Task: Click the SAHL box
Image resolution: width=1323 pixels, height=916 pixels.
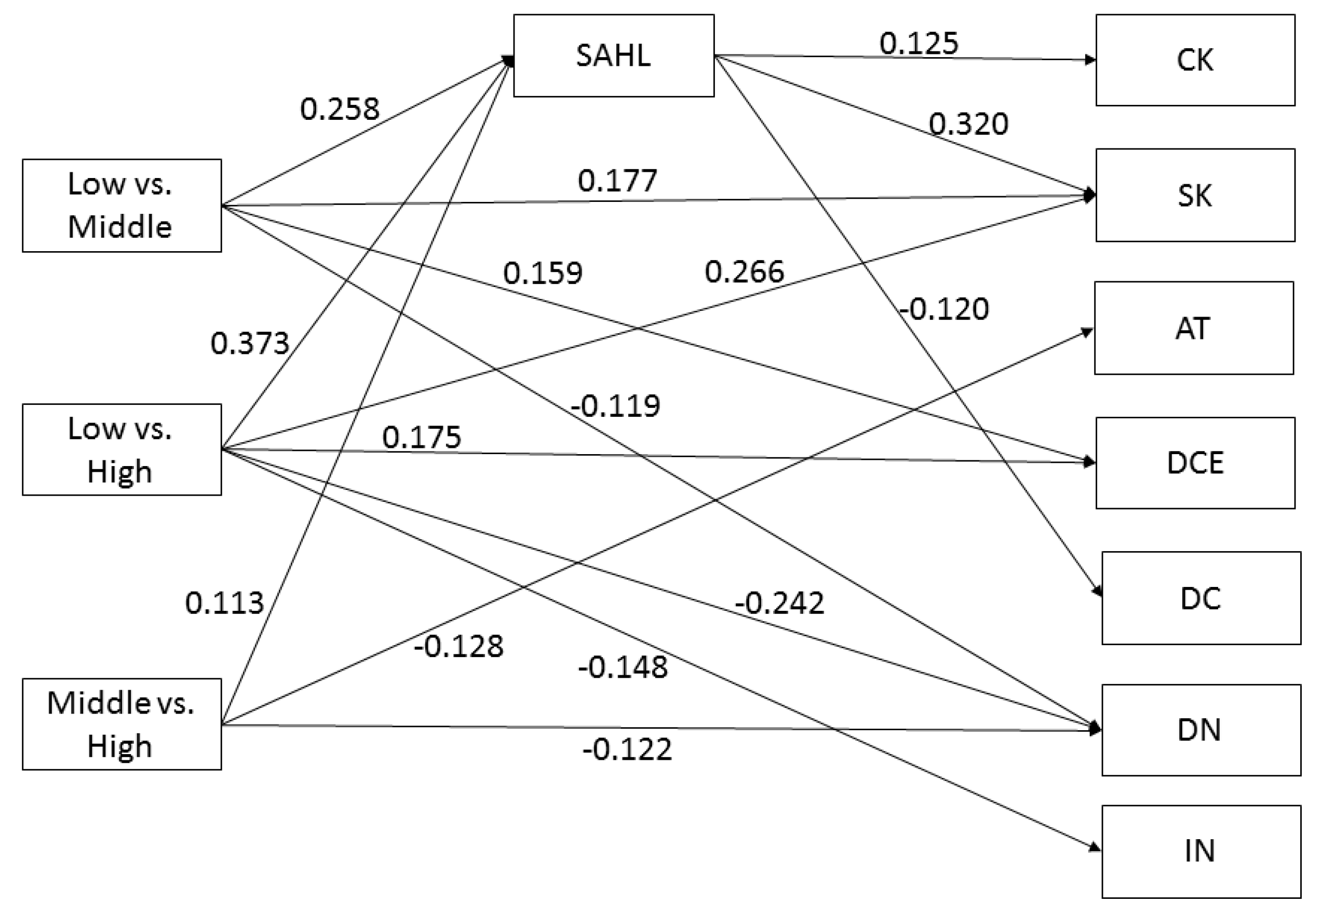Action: tap(613, 56)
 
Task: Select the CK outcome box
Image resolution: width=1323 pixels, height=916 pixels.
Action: tap(1195, 60)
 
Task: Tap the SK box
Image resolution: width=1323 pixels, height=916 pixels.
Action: tap(1195, 195)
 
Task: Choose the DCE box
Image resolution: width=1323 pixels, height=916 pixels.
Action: tap(1195, 462)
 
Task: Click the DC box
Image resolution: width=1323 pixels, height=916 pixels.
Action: tap(1200, 598)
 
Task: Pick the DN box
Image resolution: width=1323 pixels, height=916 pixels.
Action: tap(1200, 730)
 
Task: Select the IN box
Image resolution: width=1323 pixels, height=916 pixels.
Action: tap(1200, 851)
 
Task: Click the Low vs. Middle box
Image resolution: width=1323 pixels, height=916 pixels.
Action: tap(122, 206)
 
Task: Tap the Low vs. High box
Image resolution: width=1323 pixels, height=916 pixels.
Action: tap(122, 449)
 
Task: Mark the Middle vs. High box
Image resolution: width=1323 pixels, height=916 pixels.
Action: tap(122, 724)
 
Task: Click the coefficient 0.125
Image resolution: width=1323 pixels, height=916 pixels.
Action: tap(919, 44)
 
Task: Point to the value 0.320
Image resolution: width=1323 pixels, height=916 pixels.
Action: tap(969, 124)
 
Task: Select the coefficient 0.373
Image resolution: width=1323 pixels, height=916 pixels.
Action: tap(250, 343)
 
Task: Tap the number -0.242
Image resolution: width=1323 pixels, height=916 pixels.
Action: tap(780, 603)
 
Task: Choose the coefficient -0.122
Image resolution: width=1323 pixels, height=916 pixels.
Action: tap(627, 749)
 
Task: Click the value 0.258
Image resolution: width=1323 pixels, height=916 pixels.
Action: tap(340, 109)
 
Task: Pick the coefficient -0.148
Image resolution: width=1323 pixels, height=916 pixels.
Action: tap(623, 667)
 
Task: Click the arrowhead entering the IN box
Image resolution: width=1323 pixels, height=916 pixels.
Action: tap(1096, 847)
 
